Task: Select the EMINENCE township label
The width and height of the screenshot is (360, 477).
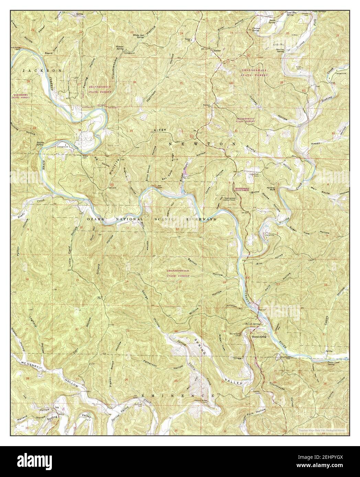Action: pyautogui.click(x=178, y=396)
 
